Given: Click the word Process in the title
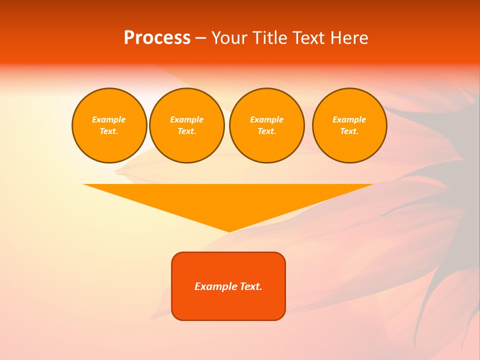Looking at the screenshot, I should (x=157, y=38).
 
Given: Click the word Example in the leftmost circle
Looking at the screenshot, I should (x=109, y=119).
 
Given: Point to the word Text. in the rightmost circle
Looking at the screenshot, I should (x=349, y=131).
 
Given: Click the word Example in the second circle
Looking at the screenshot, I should (x=186, y=119).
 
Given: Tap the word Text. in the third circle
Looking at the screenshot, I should (x=266, y=131).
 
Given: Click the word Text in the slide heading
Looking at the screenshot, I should (x=307, y=38).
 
